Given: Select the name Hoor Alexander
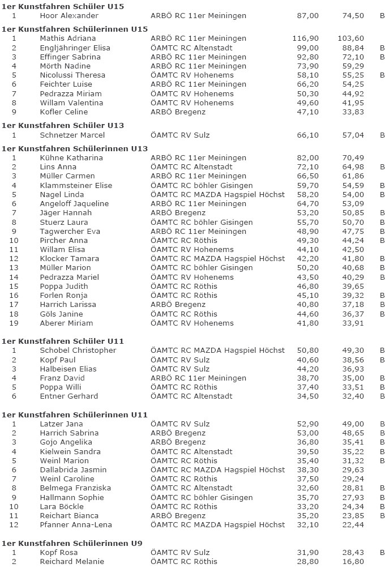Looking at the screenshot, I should click(x=69, y=16).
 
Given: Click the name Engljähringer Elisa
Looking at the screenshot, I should click(x=75, y=48).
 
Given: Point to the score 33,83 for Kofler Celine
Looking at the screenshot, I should click(x=353, y=112).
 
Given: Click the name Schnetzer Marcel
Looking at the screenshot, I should click(x=72, y=135).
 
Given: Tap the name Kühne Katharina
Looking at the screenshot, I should click(x=71, y=158).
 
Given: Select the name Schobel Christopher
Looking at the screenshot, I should click(x=78, y=351).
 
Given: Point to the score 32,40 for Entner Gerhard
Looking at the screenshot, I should click(x=353, y=396).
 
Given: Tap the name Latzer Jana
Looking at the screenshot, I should click(x=61, y=424).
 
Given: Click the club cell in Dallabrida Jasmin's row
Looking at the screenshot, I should click(x=218, y=470).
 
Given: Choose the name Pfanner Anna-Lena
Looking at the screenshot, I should click(x=76, y=525).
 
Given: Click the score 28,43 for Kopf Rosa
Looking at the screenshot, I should click(x=353, y=553).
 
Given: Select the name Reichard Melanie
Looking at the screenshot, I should click(x=72, y=562).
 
